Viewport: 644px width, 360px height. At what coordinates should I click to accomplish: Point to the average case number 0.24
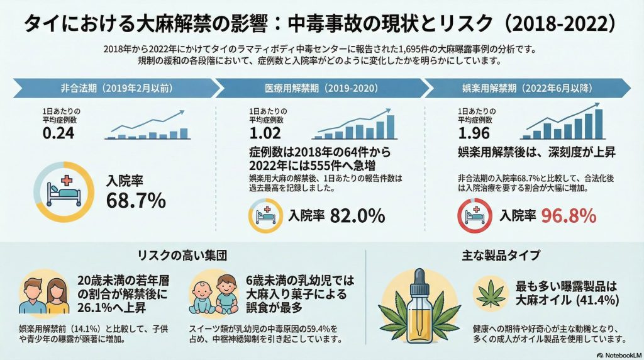(x=58, y=133)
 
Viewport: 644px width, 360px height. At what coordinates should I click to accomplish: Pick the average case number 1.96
(x=475, y=133)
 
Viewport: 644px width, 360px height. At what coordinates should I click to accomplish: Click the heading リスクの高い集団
(x=182, y=256)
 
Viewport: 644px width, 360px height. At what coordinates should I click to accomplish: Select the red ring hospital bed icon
(x=474, y=216)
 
